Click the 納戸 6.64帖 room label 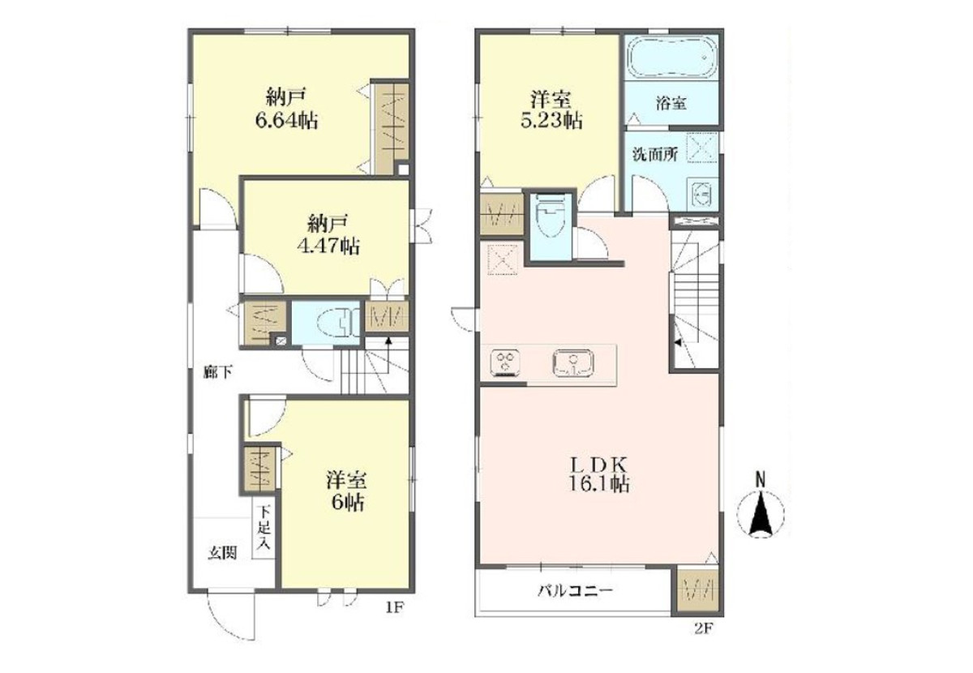coord(285,108)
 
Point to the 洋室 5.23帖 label coord(551,110)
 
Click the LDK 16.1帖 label coord(598,475)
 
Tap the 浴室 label coord(671,104)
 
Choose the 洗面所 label coord(654,155)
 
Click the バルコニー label coord(576,590)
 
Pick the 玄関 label coord(222,553)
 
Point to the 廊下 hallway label coord(217,372)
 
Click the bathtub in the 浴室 coord(671,57)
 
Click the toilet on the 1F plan coord(337,323)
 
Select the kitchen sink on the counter coord(573,362)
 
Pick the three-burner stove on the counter coord(505,362)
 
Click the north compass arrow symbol coord(761,512)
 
